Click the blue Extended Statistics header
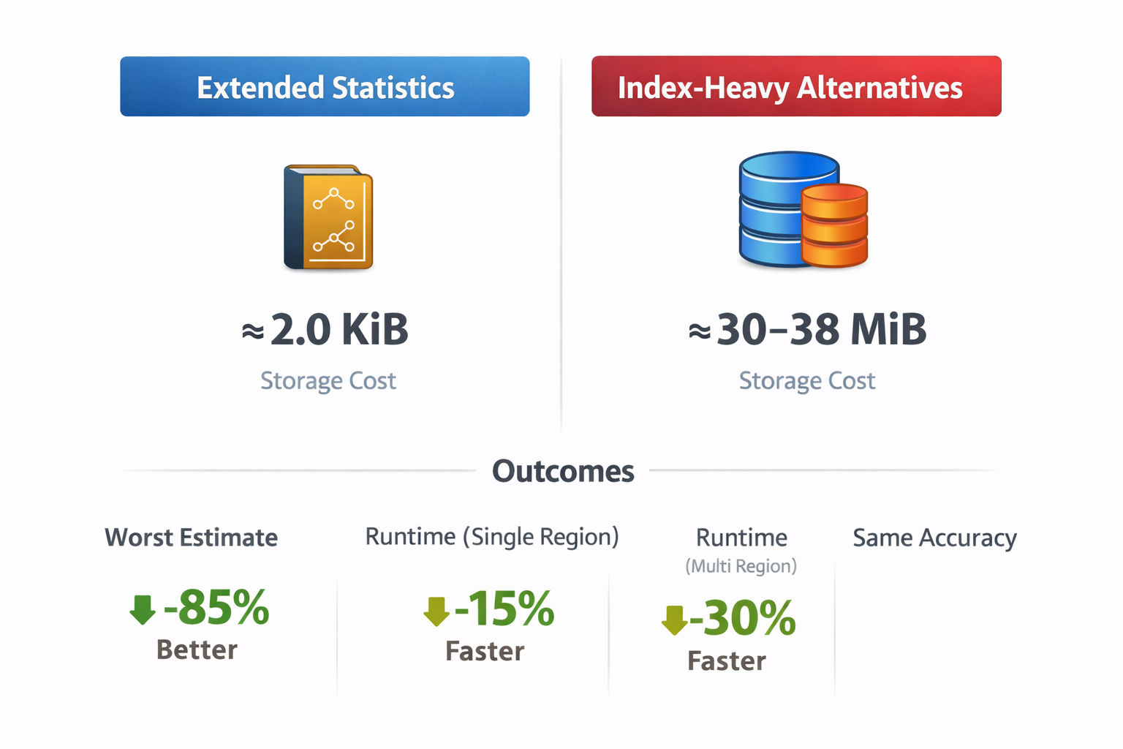325,86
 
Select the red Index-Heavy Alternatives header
796,86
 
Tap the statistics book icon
328,217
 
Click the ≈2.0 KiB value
325,329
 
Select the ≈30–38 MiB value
807,329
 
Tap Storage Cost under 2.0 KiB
328,380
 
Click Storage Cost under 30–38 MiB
807,380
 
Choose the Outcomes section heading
563,471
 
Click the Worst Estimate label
191,538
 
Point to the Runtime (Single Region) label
492,537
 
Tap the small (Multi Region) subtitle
741,566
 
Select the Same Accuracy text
934,538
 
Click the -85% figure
216,607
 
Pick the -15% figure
504,609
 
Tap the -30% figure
742,619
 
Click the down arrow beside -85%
143,609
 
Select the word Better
197,650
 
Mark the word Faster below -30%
727,661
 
